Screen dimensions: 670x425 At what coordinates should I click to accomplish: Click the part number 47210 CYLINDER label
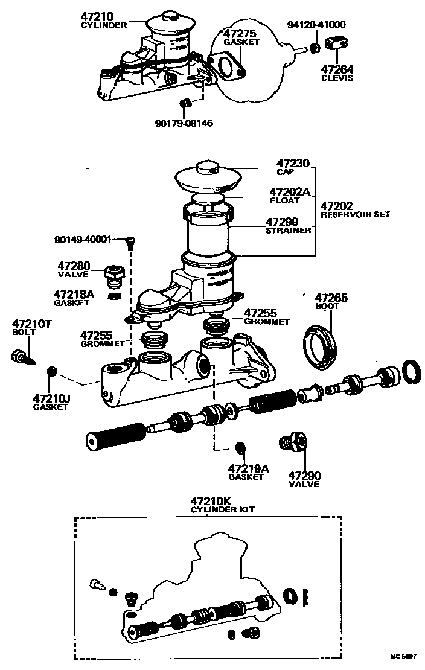pyautogui.click(x=104, y=21)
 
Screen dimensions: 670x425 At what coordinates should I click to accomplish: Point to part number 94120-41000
pyautogui.click(x=316, y=25)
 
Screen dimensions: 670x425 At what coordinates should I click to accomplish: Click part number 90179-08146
pyautogui.click(x=184, y=123)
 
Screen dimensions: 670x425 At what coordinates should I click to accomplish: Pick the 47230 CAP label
pyautogui.click(x=293, y=167)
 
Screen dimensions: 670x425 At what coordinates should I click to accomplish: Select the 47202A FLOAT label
pyautogui.click(x=289, y=196)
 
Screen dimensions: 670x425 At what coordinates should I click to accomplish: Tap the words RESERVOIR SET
pyautogui.click(x=355, y=214)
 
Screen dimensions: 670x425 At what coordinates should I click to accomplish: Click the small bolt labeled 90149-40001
pyautogui.click(x=129, y=242)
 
